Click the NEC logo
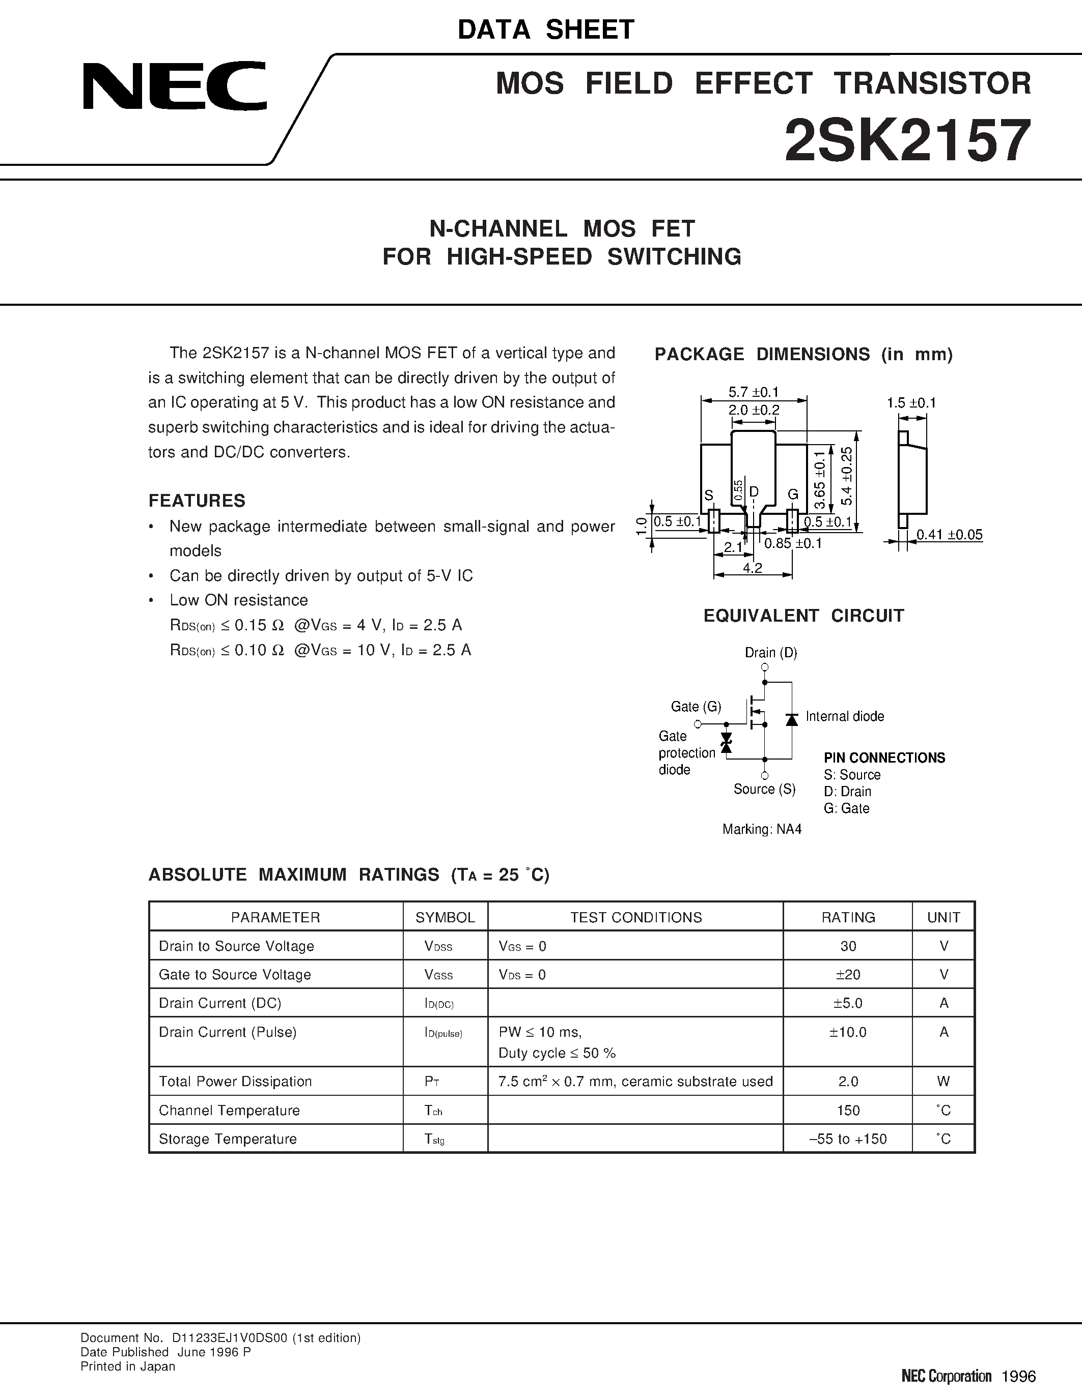[174, 86]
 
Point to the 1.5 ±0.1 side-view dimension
[911, 403]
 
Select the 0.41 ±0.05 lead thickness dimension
[949, 535]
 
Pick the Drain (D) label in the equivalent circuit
[770, 653]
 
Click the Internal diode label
[844, 716]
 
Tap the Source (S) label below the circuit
[764, 789]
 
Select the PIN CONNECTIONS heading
[884, 758]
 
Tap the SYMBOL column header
[445, 917]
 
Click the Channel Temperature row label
[229, 1110]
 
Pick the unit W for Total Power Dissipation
[943, 1081]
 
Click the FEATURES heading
[197, 500]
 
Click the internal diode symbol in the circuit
[792, 719]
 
